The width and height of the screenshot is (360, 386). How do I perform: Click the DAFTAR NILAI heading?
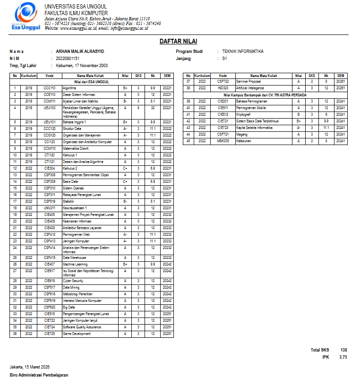pyautogui.click(x=178, y=42)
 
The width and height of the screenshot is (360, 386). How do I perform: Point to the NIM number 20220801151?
pyautogui.click(x=68, y=59)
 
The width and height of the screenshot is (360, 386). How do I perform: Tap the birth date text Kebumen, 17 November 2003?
pyautogui.click(x=82, y=66)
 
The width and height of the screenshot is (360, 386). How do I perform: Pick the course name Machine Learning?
pyautogui.click(x=75, y=264)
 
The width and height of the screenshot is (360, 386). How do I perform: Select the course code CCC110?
pyautogui.click(x=50, y=88)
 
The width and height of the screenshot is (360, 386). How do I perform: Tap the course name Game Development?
pyautogui.click(x=77, y=334)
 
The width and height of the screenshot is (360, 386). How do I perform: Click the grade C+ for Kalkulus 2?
pyautogui.click(x=125, y=168)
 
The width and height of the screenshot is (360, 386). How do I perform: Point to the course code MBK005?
pyautogui.click(x=223, y=141)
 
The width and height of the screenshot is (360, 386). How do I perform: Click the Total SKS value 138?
pyautogui.click(x=343, y=350)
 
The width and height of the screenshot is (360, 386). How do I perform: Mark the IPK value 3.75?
pyautogui.click(x=343, y=357)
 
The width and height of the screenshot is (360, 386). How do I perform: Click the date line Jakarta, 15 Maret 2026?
pyautogui.click(x=30, y=367)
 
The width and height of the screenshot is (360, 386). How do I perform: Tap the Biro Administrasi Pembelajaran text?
pyautogui.click(x=39, y=375)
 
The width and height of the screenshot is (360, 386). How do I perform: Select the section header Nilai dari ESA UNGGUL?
pyautogui.click(x=94, y=82)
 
